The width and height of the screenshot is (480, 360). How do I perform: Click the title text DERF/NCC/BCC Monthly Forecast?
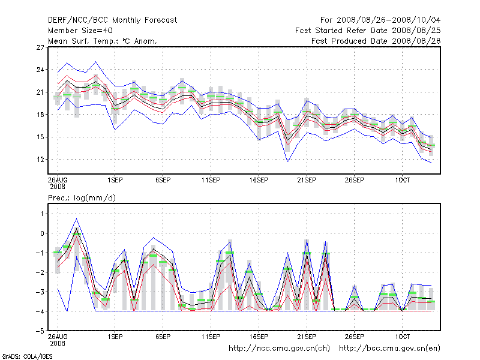[x=112, y=20]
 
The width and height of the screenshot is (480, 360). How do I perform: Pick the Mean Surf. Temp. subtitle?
[x=102, y=41]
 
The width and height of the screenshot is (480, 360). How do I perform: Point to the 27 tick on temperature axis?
[x=41, y=47]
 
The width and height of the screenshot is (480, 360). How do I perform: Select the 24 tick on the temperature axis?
[x=41, y=70]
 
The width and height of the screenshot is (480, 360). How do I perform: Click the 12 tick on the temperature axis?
[x=41, y=159]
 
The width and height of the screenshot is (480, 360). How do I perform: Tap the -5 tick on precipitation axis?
[x=40, y=331]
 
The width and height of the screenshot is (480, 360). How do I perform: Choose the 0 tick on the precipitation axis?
[x=42, y=233]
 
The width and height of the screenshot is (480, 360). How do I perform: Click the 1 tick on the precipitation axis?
[x=42, y=214]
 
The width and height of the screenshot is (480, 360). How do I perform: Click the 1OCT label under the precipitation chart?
[x=402, y=337]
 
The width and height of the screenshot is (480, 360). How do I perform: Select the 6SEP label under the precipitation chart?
[x=162, y=337]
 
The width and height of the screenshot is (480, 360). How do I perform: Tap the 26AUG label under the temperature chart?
[x=58, y=179]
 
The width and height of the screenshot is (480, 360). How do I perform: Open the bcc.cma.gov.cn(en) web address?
[x=390, y=348]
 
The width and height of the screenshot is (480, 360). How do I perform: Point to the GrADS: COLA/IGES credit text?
[x=19, y=356]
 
